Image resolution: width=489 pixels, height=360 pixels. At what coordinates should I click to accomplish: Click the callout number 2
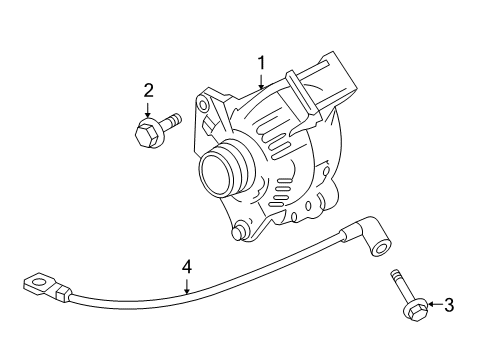point(148,91)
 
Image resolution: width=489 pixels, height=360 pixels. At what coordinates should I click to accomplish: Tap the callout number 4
point(186,267)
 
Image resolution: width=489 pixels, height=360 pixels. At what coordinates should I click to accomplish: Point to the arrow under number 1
point(261,82)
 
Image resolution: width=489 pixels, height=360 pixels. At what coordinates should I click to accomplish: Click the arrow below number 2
point(148,110)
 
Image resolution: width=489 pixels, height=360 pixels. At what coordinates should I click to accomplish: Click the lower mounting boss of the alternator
point(240,233)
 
